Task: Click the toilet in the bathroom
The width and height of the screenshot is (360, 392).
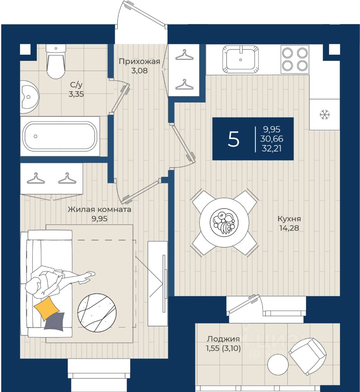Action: tap(56, 62)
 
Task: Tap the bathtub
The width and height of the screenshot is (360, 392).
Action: tap(60, 136)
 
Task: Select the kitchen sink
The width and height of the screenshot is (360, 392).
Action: tap(240, 59)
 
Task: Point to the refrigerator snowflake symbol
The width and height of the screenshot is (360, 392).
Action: tap(324, 115)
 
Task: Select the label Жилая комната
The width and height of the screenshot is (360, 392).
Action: tap(99, 210)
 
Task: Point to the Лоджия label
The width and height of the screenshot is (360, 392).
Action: tap(223, 339)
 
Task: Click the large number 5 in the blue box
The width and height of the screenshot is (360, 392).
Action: tap(234, 140)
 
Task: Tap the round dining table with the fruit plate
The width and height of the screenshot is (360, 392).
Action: tap(224, 223)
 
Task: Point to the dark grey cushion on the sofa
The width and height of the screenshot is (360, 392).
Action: tap(54, 321)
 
